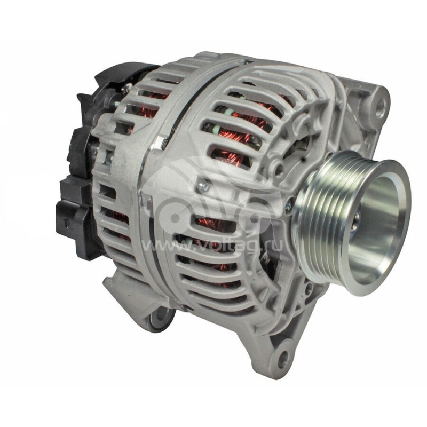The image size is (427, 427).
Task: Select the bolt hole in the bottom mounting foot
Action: coord(283,356)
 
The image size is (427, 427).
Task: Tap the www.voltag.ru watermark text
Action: coord(213,246)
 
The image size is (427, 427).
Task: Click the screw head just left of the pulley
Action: coord(288,204)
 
